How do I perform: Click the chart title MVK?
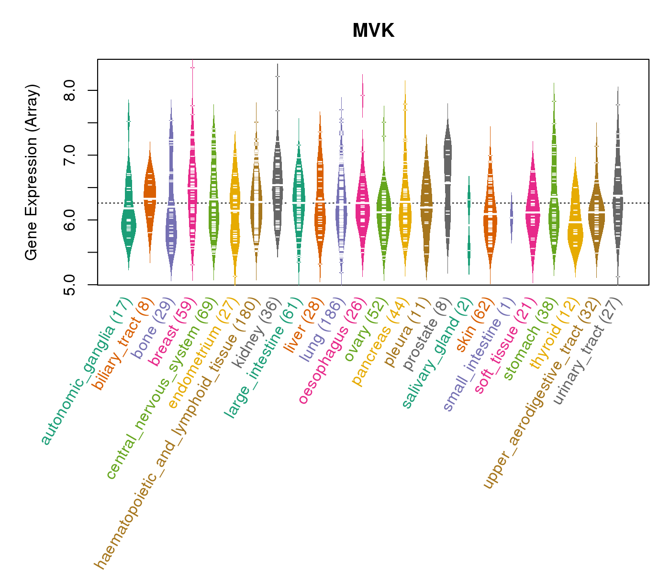coord(373,31)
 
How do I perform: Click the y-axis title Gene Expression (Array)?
coord(32,172)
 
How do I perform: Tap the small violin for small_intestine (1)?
coord(511,218)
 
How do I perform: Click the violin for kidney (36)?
coord(278,191)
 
